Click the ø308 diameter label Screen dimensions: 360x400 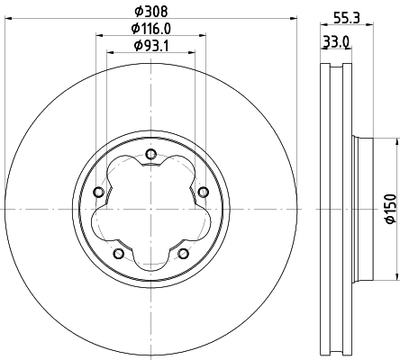click(x=150, y=12)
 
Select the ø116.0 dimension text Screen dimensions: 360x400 click(x=150, y=29)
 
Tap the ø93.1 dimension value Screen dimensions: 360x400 click(x=150, y=46)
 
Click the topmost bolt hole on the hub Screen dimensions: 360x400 click(x=150, y=154)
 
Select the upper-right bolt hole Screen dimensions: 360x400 click(x=203, y=190)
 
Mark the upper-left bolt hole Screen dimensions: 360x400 click(x=98, y=192)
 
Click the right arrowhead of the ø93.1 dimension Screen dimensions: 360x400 click(x=190, y=54)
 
